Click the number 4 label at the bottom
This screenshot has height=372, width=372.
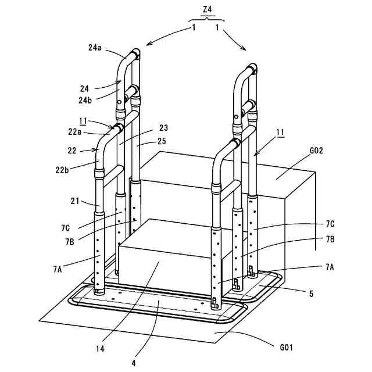pos(133,363)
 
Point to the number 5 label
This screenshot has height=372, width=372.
pos(311,294)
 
